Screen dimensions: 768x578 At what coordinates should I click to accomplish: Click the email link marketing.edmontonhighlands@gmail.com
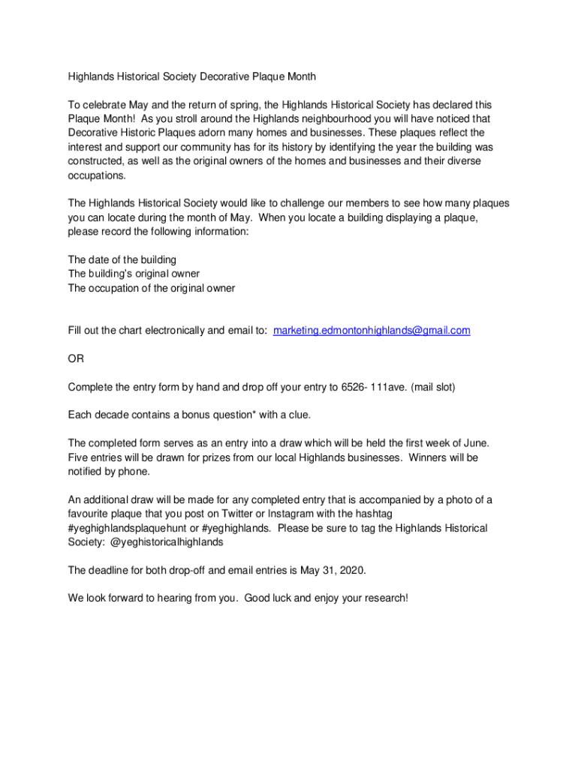pyautogui.click(x=372, y=331)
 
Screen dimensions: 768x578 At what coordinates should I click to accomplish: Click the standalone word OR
pyautogui.click(x=76, y=359)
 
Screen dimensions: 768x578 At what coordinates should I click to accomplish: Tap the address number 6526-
pyautogui.click(x=355, y=387)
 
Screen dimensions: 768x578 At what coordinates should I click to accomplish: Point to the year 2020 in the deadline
pyautogui.click(x=351, y=571)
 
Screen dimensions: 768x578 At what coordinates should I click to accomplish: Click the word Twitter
pyautogui.click(x=235, y=514)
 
